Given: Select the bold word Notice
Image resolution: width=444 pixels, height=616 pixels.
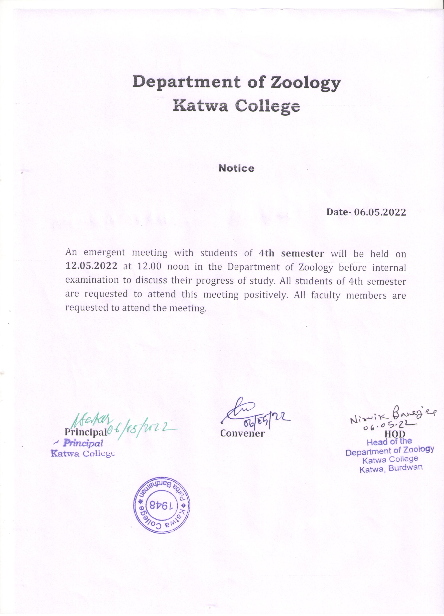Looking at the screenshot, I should pos(236,168).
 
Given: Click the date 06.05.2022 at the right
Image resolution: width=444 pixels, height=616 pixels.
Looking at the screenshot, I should pos(380,212).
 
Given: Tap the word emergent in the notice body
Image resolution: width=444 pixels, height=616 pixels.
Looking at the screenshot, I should pos(105,253).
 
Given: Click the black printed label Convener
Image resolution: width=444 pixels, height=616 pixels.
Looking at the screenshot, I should pos(242,433).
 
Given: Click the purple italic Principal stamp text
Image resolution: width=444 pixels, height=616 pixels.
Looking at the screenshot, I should pos(83,443).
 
